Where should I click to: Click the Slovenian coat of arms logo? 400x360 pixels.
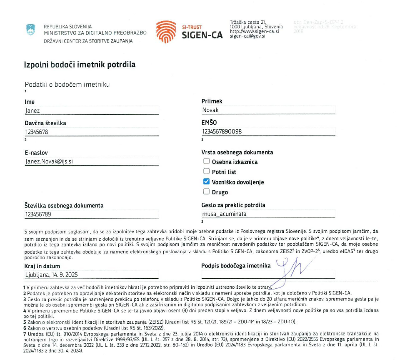pyautogui.click(x=31, y=30)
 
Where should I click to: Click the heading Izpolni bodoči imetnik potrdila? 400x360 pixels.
pyautogui.click(x=80, y=65)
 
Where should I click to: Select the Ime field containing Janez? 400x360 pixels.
pyautogui.click(x=92, y=111)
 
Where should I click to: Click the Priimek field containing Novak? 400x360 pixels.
pyautogui.click(x=268, y=110)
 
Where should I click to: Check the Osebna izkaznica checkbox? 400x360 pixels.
pyautogui.click(x=206, y=161)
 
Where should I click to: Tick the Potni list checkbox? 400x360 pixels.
pyautogui.click(x=206, y=171)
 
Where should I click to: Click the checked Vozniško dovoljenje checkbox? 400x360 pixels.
pyautogui.click(x=206, y=182)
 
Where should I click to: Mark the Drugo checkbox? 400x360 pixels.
pyautogui.click(x=206, y=192)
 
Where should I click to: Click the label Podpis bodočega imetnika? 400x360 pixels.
pyautogui.click(x=236, y=265)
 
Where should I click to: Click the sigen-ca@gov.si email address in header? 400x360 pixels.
pyautogui.click(x=247, y=36)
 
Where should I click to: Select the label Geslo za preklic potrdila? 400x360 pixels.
pyautogui.click(x=233, y=205)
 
